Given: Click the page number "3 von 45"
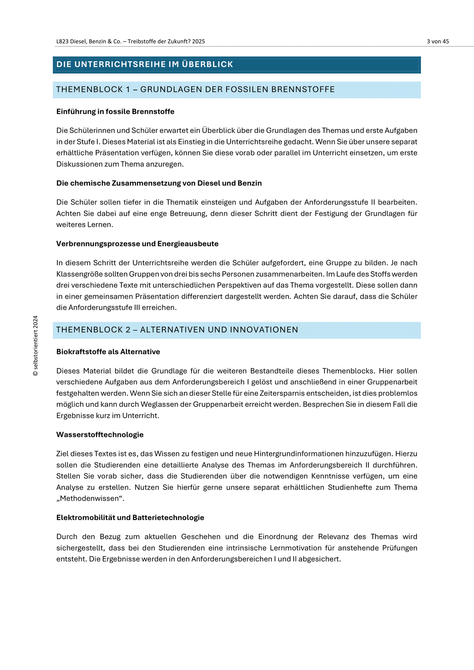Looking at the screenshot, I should click(438, 42).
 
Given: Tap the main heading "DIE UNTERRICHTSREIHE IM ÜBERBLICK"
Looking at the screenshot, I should click(144, 64).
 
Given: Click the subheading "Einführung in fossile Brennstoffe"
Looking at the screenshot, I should click(115, 112).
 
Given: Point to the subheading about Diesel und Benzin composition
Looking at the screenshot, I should click(159, 183).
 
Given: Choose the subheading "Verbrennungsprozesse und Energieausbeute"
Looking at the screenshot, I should click(137, 244).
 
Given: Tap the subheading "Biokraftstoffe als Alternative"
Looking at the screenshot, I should click(108, 352).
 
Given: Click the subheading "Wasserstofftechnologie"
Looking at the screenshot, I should click(100, 435).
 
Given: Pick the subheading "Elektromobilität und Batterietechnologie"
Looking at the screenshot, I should click(130, 518).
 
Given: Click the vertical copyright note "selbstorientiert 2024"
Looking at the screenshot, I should click(36, 345).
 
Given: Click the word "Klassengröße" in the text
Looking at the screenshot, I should click(78, 274).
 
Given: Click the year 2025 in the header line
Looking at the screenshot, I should click(198, 42).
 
